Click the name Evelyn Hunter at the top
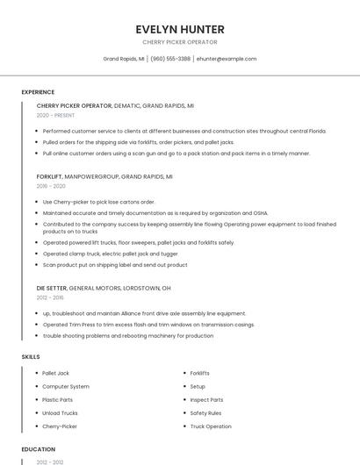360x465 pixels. coord(179,29)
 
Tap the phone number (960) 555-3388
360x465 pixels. coord(170,59)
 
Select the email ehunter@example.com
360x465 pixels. coord(227,59)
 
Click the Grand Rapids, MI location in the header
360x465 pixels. coord(124,59)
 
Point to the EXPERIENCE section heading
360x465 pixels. coord(38,92)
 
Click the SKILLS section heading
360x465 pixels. coord(30,357)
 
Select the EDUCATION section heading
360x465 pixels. coord(38,449)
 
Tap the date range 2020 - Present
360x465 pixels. coord(55,115)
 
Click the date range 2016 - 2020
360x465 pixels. coord(51,186)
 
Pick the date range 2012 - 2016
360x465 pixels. coord(51,297)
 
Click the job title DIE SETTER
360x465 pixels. coord(52,288)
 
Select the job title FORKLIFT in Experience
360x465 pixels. coord(49,176)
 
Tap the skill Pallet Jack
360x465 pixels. coord(55,373)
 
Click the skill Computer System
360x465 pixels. coord(66,386)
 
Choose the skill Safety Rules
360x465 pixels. coord(205,413)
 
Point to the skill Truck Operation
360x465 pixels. coord(211,426)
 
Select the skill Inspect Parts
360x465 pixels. coord(206,400)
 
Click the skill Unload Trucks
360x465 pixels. coord(60,413)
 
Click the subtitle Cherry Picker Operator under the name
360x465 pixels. coord(179,42)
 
